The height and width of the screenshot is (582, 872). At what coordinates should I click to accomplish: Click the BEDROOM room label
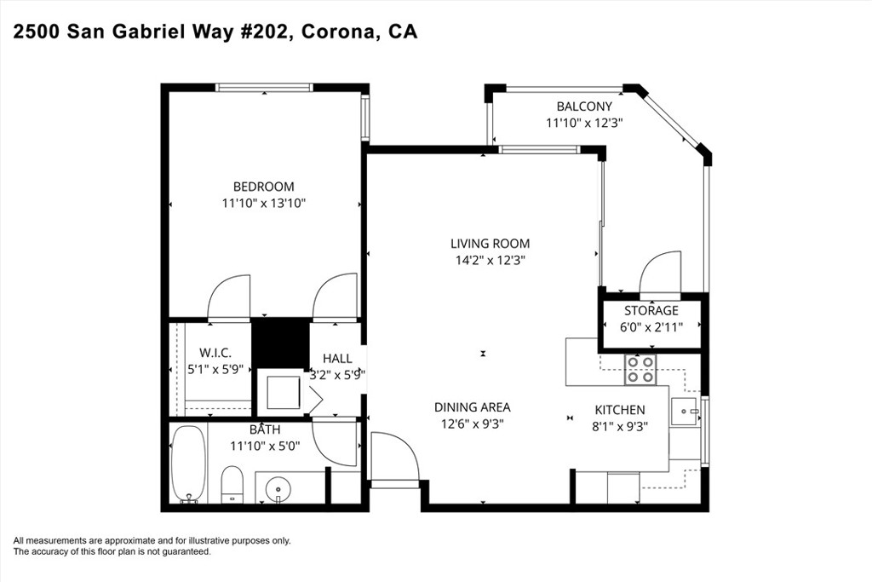coord(264,187)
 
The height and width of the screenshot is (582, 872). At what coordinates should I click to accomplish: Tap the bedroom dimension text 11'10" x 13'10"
coord(264,204)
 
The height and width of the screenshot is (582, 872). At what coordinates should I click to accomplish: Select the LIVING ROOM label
coord(490,244)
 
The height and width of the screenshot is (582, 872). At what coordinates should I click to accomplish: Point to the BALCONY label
coord(584,107)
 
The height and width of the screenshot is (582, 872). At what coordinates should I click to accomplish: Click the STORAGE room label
coord(651,310)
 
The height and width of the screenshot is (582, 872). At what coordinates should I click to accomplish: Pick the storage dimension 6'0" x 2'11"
coord(651,327)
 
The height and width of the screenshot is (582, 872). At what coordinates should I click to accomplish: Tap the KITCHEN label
coord(620,410)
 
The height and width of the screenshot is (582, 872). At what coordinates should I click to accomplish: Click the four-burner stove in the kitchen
coord(640,370)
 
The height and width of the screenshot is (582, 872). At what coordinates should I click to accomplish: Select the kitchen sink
coord(685,412)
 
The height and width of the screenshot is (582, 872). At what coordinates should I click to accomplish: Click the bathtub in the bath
coord(188,464)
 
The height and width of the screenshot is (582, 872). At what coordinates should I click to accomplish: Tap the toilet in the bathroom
coord(232,484)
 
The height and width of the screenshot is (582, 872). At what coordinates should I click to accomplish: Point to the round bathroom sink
coord(278,490)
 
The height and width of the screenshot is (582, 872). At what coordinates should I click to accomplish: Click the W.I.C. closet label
coord(215,353)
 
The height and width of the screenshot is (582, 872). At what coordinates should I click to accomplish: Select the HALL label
coord(337,359)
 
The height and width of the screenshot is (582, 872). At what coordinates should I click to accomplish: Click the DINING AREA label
coord(472,407)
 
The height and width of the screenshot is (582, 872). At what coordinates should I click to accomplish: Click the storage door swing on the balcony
coord(660,272)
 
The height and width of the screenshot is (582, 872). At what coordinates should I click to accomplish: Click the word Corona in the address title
coord(339,32)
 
